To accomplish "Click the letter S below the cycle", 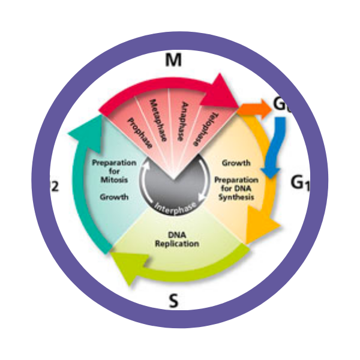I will pos(174,301).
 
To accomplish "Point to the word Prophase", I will pos(140,131).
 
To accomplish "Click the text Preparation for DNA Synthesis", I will pos(236,188).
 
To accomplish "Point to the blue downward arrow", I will pos(275,150).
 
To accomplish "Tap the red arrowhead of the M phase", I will pos(226,90).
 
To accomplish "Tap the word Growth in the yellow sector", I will pos(236,163).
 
